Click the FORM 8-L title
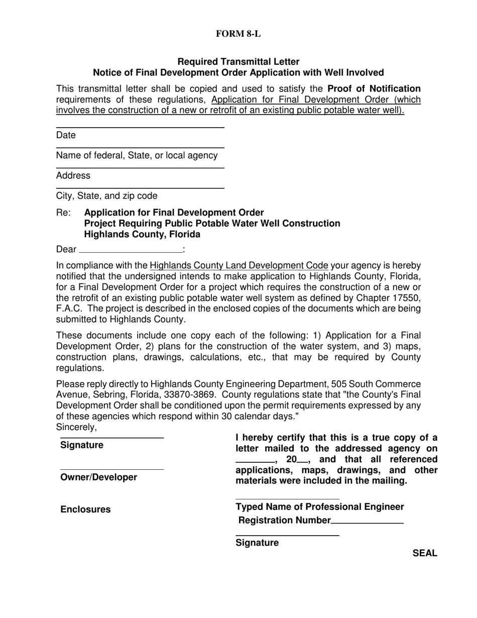pyautogui.click(x=238, y=34)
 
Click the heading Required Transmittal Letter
pyautogui.click(x=238, y=61)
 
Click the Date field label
pyautogui.click(x=66, y=135)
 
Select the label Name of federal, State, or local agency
pyautogui.click(x=137, y=155)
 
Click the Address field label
pyautogui.click(x=73, y=175)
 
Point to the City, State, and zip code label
pyautogui.click(x=106, y=195)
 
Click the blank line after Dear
pyautogui.click(x=131, y=250)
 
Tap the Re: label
pyautogui.click(x=64, y=213)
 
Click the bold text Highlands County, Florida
pyautogui.click(x=142, y=234)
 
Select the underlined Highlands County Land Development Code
pyautogui.click(x=239, y=265)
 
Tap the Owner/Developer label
pyautogui.click(x=98, y=477)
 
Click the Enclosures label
pyautogui.click(x=85, y=509)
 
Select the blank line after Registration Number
pyautogui.click(x=367, y=521)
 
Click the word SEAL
pyautogui.click(x=425, y=553)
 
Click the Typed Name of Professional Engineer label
pyautogui.click(x=319, y=506)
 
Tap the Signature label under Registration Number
pyautogui.click(x=257, y=543)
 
